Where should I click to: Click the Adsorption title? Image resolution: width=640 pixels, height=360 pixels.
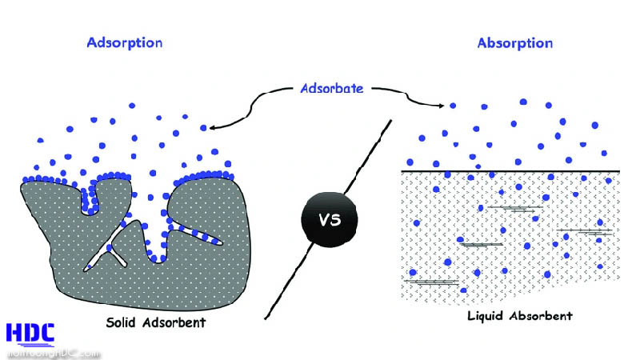click(x=124, y=42)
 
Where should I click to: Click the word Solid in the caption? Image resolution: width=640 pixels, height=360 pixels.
click(x=126, y=323)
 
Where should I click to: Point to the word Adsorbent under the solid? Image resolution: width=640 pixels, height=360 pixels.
click(x=176, y=323)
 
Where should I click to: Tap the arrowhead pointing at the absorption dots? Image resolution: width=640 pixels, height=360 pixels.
click(x=442, y=105)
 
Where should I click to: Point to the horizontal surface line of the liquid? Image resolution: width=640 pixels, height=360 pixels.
click(x=512, y=170)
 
